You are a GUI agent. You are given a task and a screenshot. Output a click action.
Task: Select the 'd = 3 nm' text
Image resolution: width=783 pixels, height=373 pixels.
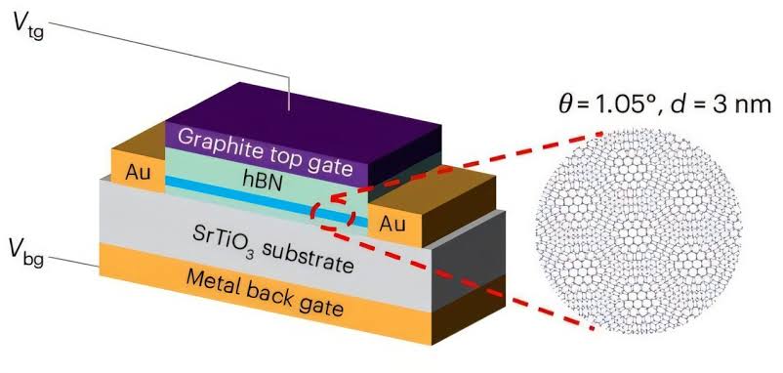[x=720, y=109]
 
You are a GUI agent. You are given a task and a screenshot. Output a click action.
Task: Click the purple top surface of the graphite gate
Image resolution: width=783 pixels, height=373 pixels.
[x=293, y=107]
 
